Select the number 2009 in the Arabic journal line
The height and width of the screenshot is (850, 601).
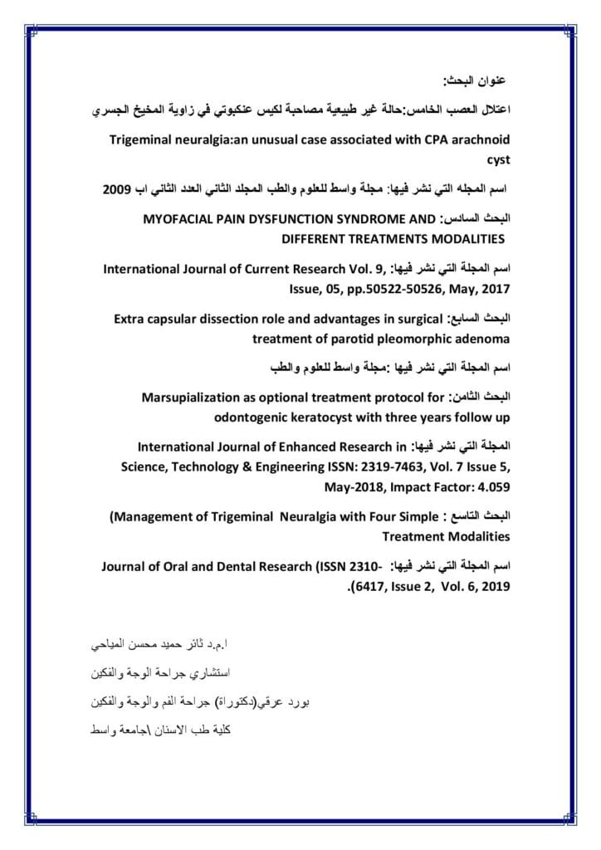tap(120, 189)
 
